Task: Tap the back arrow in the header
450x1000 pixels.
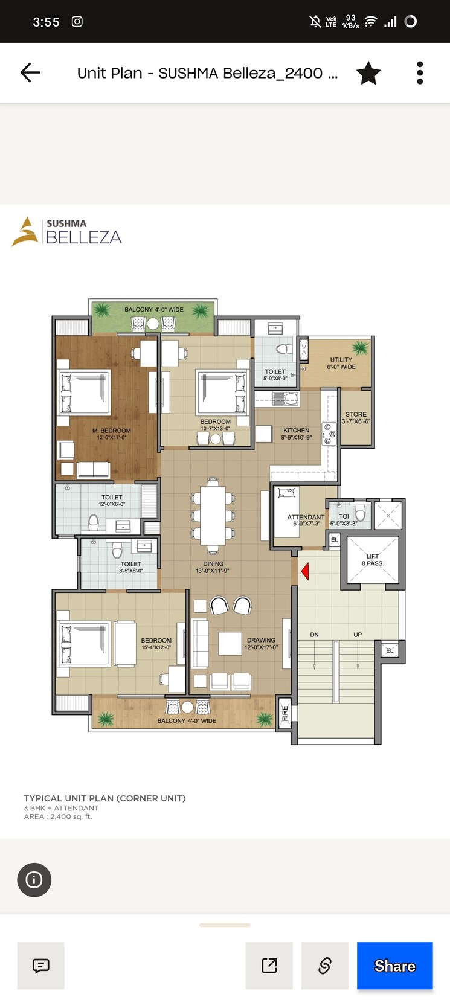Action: pyautogui.click(x=30, y=73)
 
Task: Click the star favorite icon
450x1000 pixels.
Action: pyautogui.click(x=368, y=73)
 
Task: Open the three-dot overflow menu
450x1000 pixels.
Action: pyautogui.click(x=420, y=73)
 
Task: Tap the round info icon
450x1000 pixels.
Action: pyautogui.click(x=34, y=880)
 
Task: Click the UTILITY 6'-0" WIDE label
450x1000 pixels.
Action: pyautogui.click(x=341, y=363)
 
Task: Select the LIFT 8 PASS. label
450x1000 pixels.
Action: pyautogui.click(x=373, y=560)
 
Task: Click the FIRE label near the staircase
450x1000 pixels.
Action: pyautogui.click(x=285, y=714)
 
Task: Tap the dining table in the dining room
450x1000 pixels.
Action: pyautogui.click(x=213, y=516)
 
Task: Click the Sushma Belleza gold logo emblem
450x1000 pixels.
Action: pyautogui.click(x=25, y=232)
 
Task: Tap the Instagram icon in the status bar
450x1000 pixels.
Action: pyautogui.click(x=77, y=22)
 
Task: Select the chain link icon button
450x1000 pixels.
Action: pyautogui.click(x=325, y=965)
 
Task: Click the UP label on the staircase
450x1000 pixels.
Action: pyautogui.click(x=358, y=635)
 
